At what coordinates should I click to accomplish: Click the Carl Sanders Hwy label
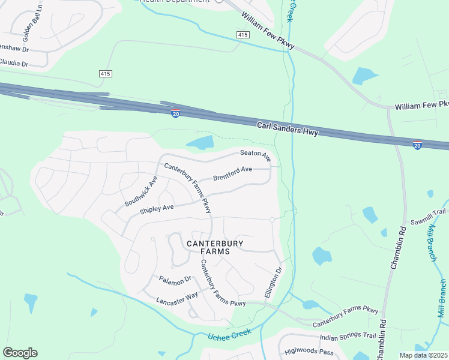[x=288, y=129]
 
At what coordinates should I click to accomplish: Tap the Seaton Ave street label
[x=256, y=155]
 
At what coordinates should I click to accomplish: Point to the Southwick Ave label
[x=140, y=192]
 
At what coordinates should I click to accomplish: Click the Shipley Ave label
[x=156, y=209]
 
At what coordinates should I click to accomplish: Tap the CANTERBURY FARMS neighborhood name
[x=207, y=247]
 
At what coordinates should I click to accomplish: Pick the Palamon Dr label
[x=175, y=279]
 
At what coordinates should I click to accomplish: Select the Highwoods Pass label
[x=309, y=351]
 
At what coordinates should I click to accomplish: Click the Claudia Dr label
[x=14, y=62]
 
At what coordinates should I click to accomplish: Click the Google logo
[x=20, y=353]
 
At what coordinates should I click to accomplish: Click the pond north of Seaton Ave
[x=200, y=143]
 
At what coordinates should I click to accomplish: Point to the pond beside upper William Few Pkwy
[x=364, y=76]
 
